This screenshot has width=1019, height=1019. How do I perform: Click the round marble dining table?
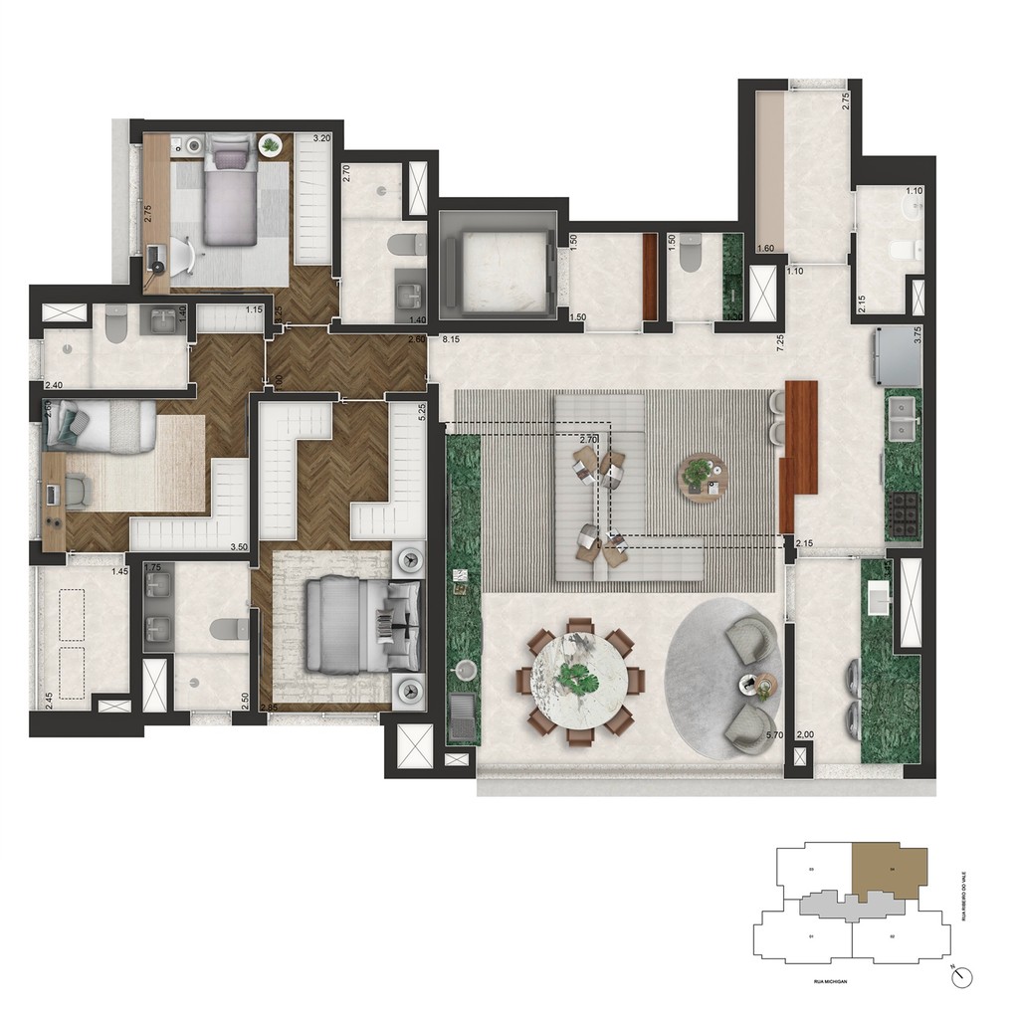(x=580, y=682)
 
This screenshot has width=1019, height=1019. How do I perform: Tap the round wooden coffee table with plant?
(x=704, y=476)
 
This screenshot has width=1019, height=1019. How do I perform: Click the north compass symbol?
(x=959, y=977)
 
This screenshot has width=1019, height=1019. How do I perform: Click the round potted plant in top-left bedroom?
(x=270, y=145)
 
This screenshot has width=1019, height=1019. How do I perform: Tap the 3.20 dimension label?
(x=321, y=139)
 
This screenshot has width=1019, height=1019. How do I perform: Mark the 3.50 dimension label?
(x=239, y=546)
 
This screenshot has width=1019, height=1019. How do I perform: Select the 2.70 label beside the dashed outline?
(x=589, y=439)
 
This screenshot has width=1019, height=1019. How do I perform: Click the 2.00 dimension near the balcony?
(x=805, y=734)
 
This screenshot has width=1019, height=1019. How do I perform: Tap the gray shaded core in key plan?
(x=846, y=905)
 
